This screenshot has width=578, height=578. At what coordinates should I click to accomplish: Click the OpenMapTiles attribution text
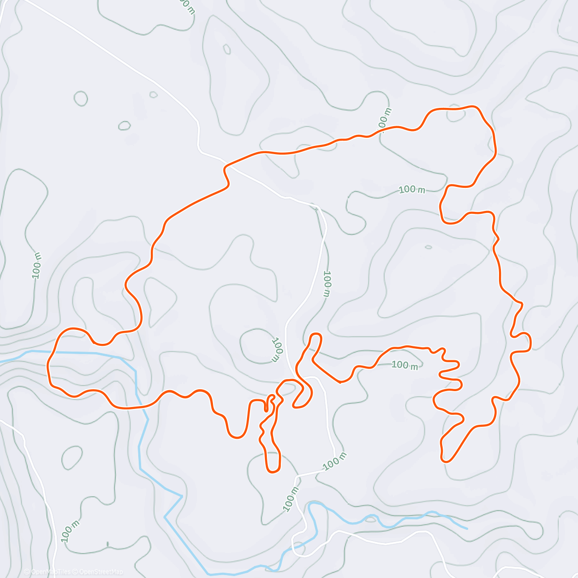[50, 572]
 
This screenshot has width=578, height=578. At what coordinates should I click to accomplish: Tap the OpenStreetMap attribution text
[101, 572]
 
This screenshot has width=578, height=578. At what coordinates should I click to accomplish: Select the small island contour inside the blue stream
[370, 519]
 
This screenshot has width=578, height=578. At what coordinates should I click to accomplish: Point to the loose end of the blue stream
[467, 528]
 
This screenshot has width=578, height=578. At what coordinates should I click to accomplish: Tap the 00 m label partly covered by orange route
[385, 118]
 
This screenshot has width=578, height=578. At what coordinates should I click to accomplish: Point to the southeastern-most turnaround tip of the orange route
[447, 460]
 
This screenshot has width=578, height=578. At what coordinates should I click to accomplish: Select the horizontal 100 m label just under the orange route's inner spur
[405, 365]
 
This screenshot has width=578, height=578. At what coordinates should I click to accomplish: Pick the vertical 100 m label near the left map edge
[37, 265]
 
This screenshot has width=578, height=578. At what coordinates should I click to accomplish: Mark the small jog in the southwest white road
[23, 439]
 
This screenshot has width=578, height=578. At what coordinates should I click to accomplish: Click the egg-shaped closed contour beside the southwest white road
[72, 458]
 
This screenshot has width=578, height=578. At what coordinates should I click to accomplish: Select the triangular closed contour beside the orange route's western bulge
[159, 299]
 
